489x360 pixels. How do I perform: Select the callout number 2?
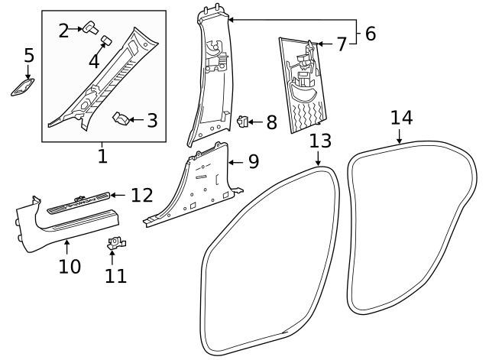pos(64,31)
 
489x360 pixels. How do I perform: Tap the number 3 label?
pos(152,120)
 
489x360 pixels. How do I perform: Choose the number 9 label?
pos(254,162)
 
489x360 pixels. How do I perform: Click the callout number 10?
pos(69,267)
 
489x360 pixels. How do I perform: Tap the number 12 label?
pos(142,195)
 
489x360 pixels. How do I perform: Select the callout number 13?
pos(321,141)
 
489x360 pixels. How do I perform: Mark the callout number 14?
pos(401,118)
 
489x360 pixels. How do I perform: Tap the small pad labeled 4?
pos(105,37)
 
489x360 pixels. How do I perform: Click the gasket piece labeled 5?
pos(23,88)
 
